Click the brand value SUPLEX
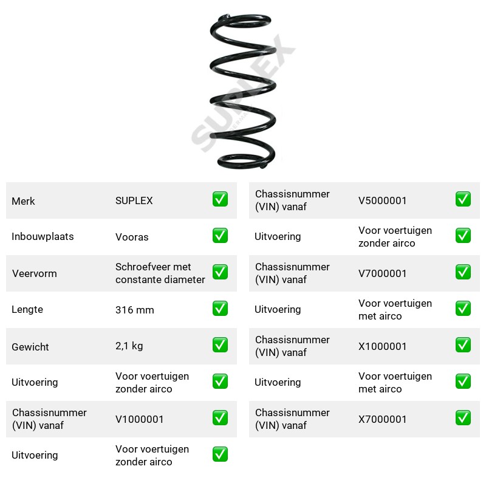click(x=134, y=200)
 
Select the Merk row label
click(x=23, y=201)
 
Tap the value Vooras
click(x=132, y=237)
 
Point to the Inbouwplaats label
click(x=43, y=236)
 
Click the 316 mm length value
click(x=134, y=310)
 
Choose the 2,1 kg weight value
click(x=129, y=346)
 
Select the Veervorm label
click(x=35, y=273)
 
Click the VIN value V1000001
click(x=139, y=419)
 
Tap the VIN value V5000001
click(x=382, y=200)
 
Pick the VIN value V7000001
click(x=382, y=273)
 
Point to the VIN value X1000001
click(x=382, y=346)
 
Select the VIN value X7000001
click(x=382, y=419)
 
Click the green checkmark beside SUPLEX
click(x=220, y=199)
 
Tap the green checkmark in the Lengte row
click(x=220, y=309)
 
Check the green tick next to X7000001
click(x=463, y=417)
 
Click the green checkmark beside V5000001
click(x=463, y=199)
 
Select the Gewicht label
click(x=30, y=347)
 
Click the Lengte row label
click(x=27, y=310)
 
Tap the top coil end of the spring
click(x=225, y=17)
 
